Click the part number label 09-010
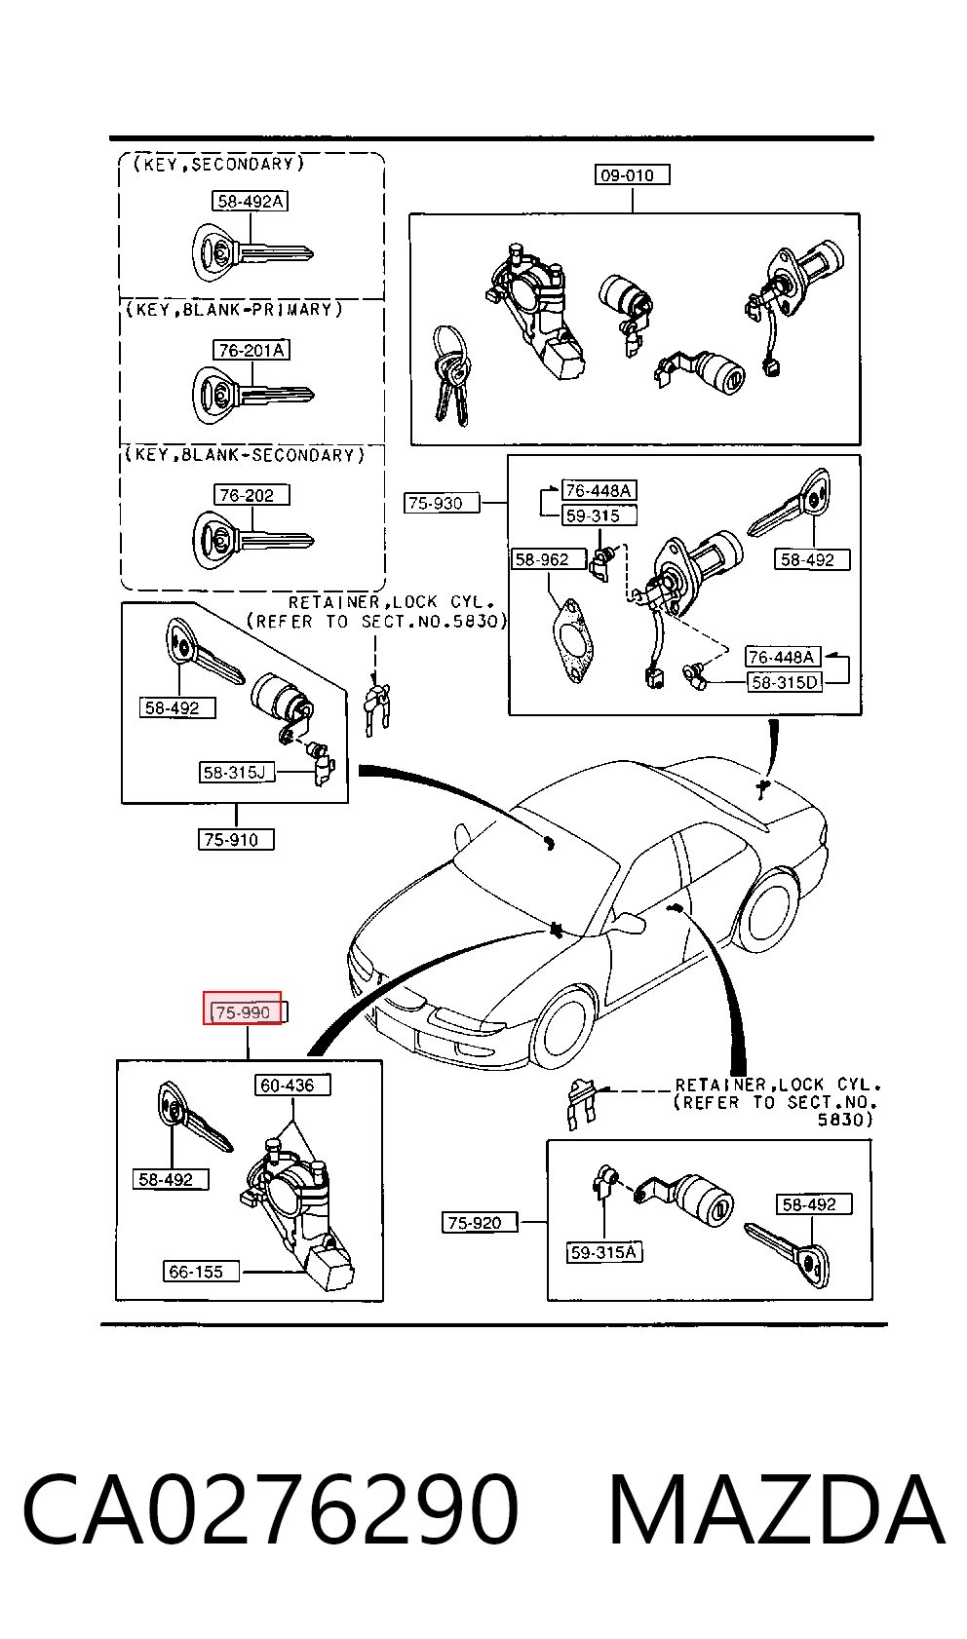[632, 174]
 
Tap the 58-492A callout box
[250, 201]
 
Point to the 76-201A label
[251, 350]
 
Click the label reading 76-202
[251, 495]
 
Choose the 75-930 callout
[442, 503]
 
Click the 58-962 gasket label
[549, 559]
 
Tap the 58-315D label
[784, 682]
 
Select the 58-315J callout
[237, 772]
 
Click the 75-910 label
[236, 839]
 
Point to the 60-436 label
[292, 1085]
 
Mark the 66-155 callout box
[201, 1272]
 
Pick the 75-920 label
[480, 1222]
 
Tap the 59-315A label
[604, 1252]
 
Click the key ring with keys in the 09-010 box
[451, 374]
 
